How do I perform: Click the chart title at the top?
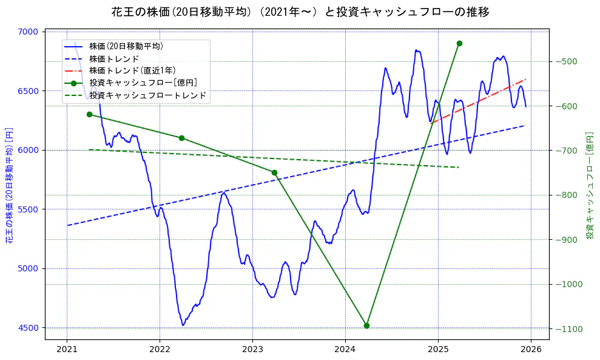coord(300,12)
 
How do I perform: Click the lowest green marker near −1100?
coord(366,325)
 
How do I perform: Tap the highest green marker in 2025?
coord(459,43)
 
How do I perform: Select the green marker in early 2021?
coord(89,114)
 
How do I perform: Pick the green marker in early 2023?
coord(274,172)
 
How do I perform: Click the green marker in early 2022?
coord(181,138)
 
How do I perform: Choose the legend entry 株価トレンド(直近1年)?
coord(132,70)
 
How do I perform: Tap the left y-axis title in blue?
coord(9,186)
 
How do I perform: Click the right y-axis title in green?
coord(589,186)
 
